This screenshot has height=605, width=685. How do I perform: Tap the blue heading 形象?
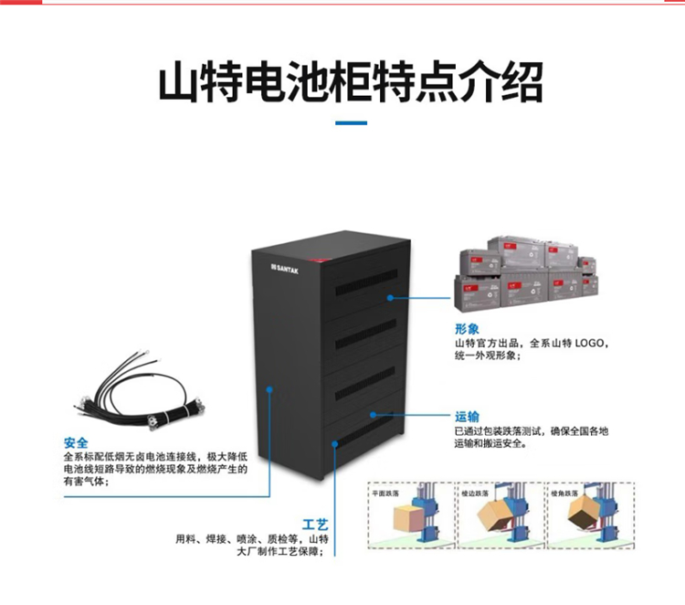(x=467, y=328)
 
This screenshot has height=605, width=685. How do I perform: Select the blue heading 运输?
(x=467, y=415)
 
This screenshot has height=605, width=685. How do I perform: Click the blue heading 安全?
(x=77, y=440)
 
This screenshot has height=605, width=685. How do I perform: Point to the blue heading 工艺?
(x=315, y=525)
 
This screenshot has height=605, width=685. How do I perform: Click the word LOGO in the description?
(x=589, y=343)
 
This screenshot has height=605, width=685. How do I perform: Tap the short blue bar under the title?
(x=352, y=122)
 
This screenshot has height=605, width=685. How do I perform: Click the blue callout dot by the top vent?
(x=389, y=297)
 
